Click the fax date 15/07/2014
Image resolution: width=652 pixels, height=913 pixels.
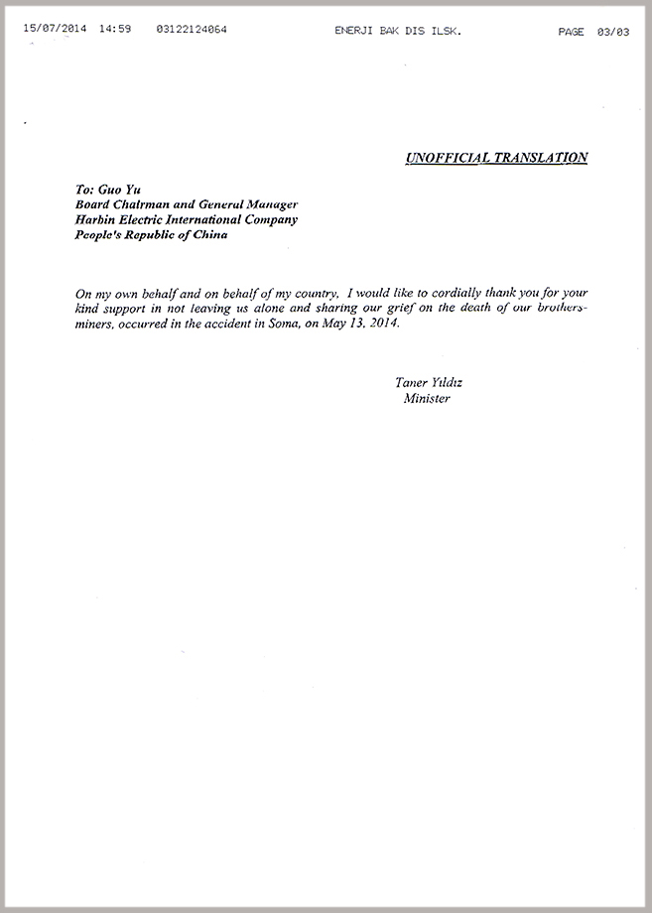55,30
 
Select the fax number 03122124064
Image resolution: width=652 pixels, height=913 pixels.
192,30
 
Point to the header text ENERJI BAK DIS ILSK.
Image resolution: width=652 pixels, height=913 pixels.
399,31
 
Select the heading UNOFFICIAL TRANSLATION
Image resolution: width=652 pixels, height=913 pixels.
496,157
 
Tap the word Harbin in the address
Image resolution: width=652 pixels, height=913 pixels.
96,219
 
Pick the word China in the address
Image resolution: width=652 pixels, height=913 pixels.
207,235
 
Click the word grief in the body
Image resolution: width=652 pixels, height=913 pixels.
392,309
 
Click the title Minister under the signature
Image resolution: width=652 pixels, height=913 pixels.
426,399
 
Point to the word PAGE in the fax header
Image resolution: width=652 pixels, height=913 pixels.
571,31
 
